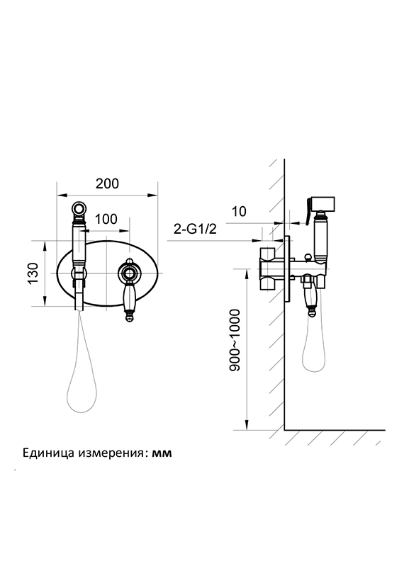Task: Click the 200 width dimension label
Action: click(107, 183)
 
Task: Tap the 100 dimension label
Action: click(106, 219)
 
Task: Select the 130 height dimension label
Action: click(33, 273)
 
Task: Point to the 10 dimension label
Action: click(240, 211)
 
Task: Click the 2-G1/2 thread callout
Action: click(196, 229)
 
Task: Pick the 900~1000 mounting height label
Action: click(235, 340)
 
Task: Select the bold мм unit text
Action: click(162, 454)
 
